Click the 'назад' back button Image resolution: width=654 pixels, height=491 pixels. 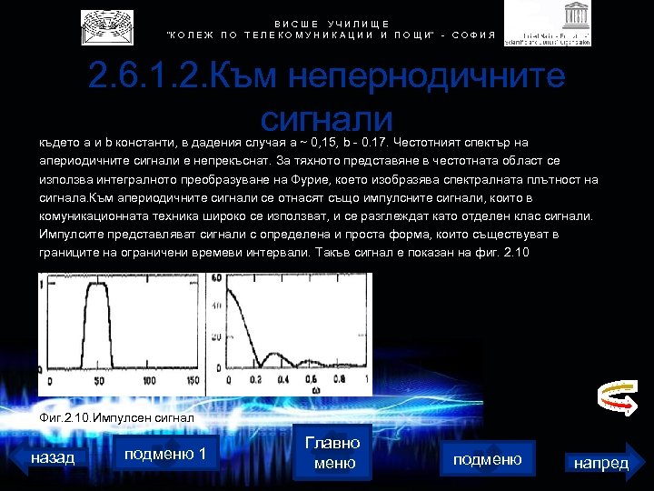53,457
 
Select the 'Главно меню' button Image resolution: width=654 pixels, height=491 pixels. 332,452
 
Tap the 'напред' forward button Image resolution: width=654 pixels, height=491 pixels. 600,463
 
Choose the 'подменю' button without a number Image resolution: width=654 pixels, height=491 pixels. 487,459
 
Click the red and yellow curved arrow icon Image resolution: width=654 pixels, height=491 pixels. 614,397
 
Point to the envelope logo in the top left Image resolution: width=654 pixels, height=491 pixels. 106,27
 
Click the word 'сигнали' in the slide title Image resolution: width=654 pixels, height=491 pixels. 325,121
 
